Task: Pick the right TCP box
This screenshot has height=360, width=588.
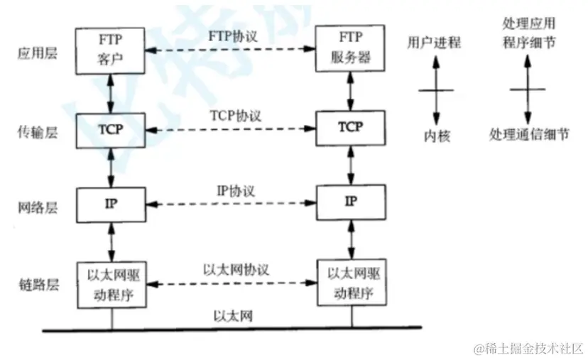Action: coord(349,128)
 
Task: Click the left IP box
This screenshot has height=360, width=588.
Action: coord(111,202)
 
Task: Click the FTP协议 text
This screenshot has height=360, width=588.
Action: coord(232,35)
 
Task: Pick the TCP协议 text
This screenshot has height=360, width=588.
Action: coord(232,114)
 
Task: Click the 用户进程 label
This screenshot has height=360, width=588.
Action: coord(433,43)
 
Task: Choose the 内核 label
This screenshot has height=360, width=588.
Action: coord(433,135)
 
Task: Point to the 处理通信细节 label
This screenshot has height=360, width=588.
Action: coord(528,135)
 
